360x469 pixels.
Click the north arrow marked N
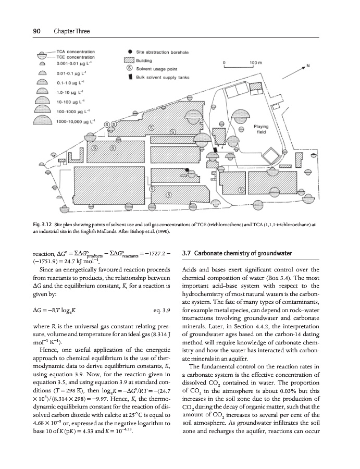(x=308, y=66)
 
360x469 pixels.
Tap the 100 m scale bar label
(x=254, y=62)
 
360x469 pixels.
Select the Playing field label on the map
(x=261, y=129)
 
